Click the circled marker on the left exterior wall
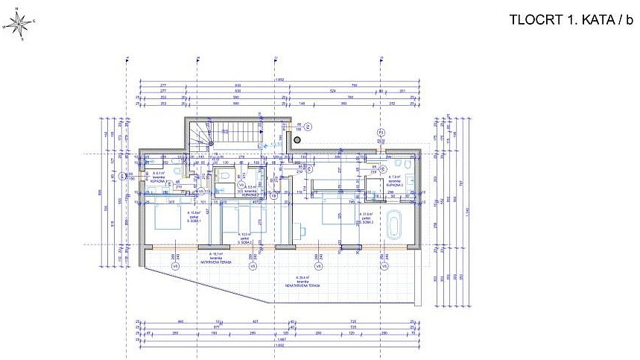coord(123,176)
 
